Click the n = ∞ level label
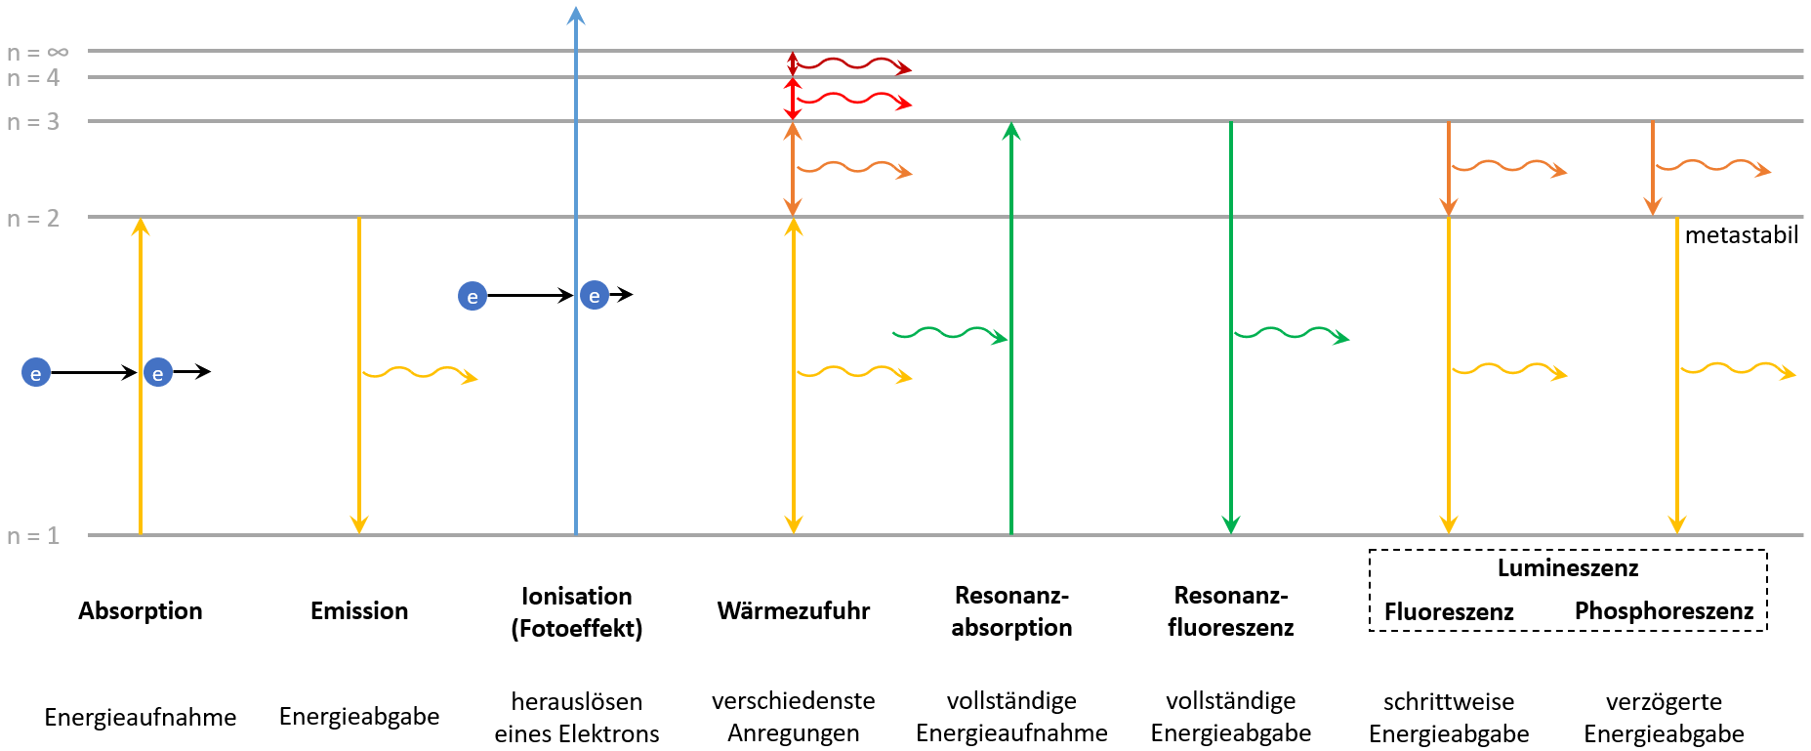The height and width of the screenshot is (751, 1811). [x=38, y=52]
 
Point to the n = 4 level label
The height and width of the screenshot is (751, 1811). [x=33, y=77]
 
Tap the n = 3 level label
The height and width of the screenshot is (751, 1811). [x=33, y=122]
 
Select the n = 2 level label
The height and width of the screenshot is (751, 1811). [x=33, y=218]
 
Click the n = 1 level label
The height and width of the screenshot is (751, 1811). [x=33, y=535]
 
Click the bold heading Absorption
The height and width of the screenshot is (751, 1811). [x=141, y=611]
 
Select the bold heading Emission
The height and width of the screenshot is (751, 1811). [x=359, y=611]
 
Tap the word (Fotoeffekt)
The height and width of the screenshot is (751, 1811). [x=577, y=628]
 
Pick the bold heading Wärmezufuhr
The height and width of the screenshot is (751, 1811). [x=794, y=611]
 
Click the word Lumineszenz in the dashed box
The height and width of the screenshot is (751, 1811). [x=1568, y=568]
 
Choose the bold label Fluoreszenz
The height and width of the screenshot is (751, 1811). [x=1449, y=612]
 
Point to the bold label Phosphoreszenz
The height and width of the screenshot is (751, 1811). [x=1665, y=611]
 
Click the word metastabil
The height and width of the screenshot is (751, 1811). [x=1742, y=235]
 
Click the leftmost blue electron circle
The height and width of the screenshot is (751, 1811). [x=36, y=372]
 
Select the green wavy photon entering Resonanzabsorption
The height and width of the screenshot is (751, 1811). [x=950, y=335]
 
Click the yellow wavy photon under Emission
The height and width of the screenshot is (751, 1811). [x=420, y=374]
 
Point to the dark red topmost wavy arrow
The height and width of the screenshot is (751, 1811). [x=851, y=65]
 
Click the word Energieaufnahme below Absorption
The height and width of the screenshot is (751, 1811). [x=141, y=718]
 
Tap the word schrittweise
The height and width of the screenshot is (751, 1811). [x=1449, y=701]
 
